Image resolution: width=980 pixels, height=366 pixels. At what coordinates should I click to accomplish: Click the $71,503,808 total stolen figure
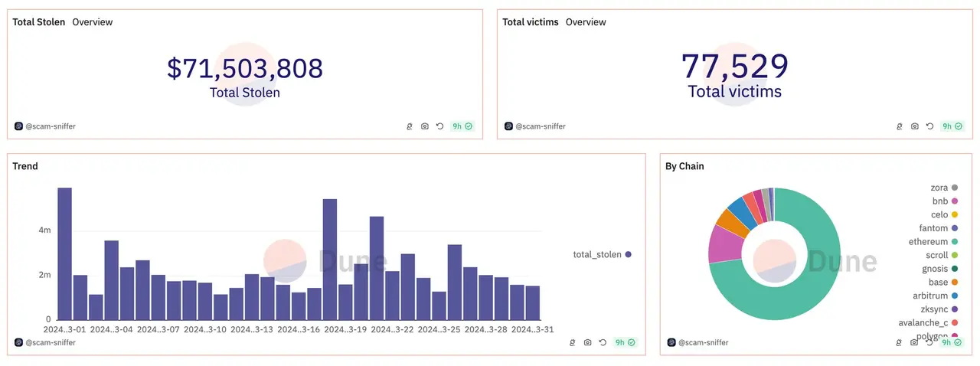click(x=245, y=68)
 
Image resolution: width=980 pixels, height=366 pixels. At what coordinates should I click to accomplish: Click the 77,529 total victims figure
click(x=734, y=67)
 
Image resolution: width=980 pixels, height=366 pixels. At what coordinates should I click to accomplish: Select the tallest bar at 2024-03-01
click(x=65, y=253)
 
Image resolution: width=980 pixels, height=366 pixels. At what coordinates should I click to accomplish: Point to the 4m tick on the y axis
click(x=45, y=230)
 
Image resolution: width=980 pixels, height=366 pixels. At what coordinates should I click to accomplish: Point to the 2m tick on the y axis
click(x=45, y=275)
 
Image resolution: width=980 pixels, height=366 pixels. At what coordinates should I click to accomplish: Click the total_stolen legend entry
click(x=602, y=254)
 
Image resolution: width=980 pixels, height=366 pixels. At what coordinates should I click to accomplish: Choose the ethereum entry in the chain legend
click(x=928, y=242)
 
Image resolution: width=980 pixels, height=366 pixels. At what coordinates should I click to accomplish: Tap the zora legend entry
click(x=939, y=188)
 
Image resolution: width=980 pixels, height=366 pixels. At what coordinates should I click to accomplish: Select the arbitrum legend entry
click(x=929, y=296)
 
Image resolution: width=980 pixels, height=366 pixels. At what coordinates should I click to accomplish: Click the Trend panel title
click(x=25, y=166)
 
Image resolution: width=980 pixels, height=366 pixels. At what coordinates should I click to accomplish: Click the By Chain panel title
click(x=684, y=166)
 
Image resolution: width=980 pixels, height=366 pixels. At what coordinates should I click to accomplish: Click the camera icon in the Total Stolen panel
click(x=425, y=126)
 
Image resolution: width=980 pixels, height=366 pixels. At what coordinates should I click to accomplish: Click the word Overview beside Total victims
click(x=586, y=22)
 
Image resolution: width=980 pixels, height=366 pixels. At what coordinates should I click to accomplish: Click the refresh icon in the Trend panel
click(x=603, y=343)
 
